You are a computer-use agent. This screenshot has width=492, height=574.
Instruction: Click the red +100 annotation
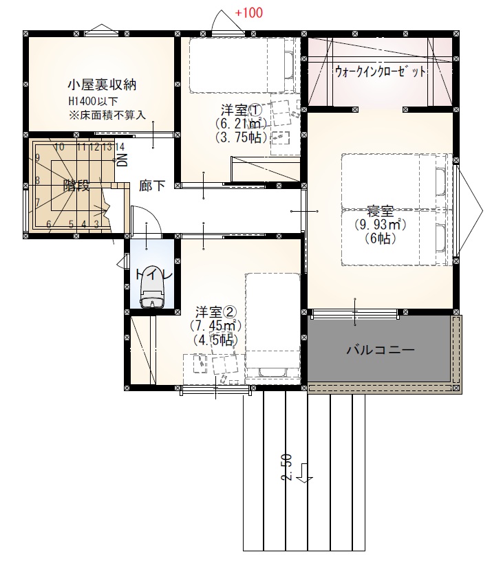[x=248, y=13]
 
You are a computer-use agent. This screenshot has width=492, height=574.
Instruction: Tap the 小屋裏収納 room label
[x=103, y=85]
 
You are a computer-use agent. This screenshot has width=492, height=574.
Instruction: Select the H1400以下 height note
[x=93, y=101]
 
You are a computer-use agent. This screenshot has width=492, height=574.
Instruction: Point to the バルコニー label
[x=381, y=350]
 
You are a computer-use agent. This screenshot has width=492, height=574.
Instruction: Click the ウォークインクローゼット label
[x=381, y=71]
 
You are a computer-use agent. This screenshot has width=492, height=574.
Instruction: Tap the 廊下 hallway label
[x=152, y=186]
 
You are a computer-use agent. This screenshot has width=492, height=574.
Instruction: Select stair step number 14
[x=120, y=147]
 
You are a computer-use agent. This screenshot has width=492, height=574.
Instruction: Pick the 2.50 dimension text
[x=286, y=467]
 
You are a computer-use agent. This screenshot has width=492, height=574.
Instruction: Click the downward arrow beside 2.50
[x=304, y=474]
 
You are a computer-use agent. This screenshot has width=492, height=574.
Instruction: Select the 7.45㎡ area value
[x=215, y=325]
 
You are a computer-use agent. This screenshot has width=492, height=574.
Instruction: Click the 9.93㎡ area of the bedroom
[x=381, y=224]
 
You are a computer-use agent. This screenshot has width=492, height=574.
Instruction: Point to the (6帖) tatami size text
[x=381, y=239]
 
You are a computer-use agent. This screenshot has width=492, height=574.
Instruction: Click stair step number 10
[x=59, y=147]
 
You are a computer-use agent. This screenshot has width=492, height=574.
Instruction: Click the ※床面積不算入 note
[x=107, y=115]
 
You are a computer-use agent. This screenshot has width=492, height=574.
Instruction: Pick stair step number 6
[x=49, y=224]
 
